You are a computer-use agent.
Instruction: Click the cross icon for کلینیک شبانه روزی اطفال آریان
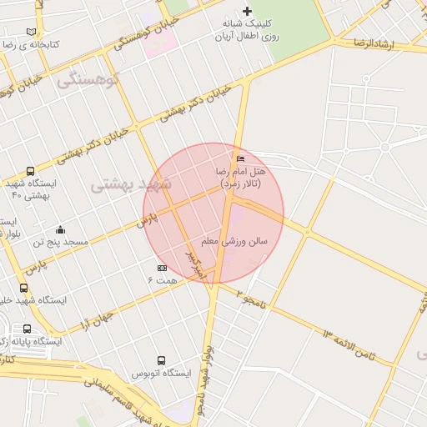pos(247,11)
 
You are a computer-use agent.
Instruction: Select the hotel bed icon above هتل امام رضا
pos(241,158)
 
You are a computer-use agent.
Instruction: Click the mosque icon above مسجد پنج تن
pos(60,229)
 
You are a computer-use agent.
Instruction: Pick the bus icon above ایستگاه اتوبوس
pos(161,360)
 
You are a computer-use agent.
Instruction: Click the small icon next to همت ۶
pos(162,268)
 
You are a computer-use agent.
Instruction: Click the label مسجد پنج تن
pos(60,242)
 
